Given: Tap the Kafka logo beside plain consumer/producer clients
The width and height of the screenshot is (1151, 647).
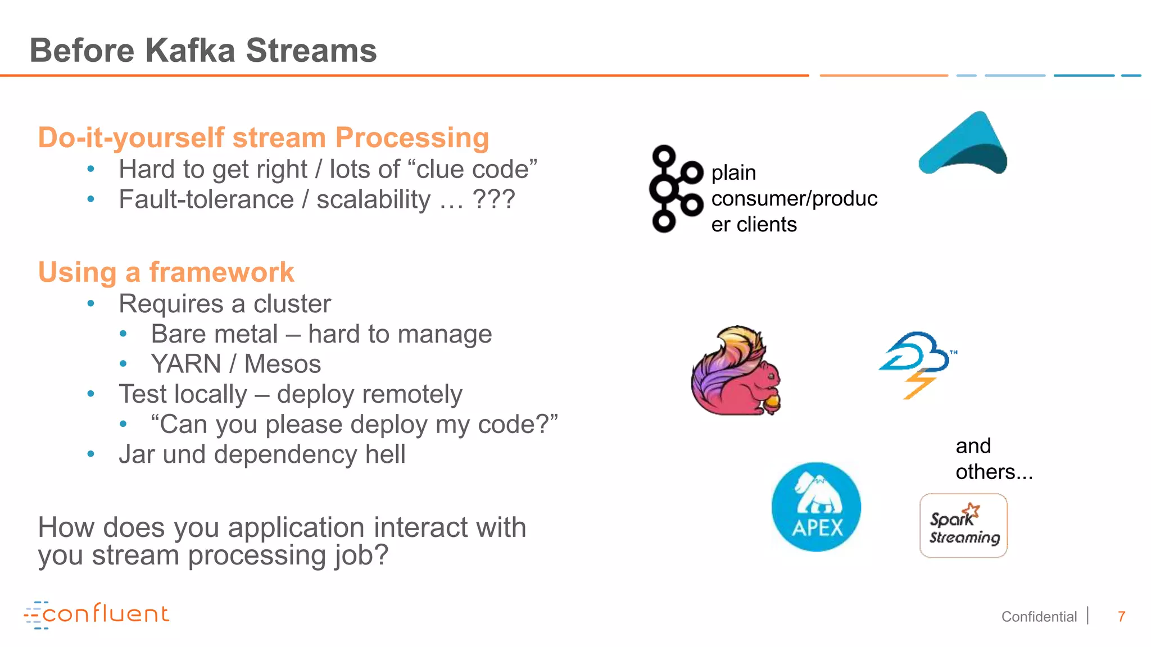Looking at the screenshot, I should (x=675, y=189).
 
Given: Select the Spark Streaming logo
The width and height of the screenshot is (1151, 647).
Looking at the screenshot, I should (x=963, y=526).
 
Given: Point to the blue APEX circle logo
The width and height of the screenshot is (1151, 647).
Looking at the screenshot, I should (x=816, y=507).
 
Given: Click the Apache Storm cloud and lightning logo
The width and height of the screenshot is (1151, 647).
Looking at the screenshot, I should (x=918, y=364).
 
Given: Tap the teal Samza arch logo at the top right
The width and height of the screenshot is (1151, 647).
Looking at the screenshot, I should (x=963, y=144).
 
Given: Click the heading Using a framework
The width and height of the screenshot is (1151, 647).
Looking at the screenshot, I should (x=166, y=272).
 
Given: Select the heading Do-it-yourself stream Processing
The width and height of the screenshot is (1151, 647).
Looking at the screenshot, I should (x=263, y=138).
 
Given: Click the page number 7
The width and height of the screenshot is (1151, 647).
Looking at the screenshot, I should (x=1121, y=617).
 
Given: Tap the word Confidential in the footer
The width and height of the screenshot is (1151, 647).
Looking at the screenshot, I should (x=1039, y=617).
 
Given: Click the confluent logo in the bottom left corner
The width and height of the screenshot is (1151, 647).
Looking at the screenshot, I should (x=97, y=614).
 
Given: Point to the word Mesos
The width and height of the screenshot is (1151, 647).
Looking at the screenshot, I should (x=282, y=364).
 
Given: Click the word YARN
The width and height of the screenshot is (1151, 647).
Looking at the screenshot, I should (x=186, y=364).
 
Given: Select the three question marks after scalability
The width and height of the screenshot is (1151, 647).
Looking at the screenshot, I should (x=493, y=199).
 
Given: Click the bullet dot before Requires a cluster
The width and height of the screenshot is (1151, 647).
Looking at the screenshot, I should (x=91, y=304).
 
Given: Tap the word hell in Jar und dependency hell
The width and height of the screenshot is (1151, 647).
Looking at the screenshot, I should (x=385, y=454).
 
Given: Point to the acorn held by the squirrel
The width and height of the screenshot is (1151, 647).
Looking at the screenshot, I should (x=773, y=402).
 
